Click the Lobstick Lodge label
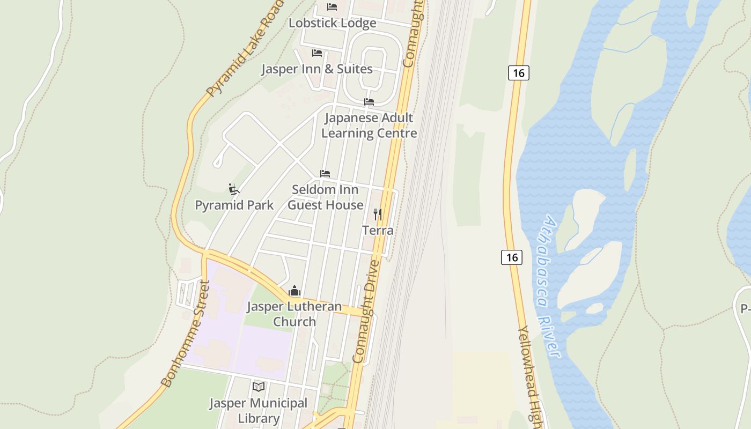(332, 23)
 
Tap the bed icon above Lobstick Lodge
(332, 7)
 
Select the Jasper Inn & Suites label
(316, 69)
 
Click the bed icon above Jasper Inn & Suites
(317, 53)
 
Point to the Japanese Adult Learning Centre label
(369, 125)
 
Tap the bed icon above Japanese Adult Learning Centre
(369, 101)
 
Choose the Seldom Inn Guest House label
(325, 197)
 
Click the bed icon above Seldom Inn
(325, 174)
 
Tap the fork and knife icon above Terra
(378, 214)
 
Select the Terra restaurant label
(378, 231)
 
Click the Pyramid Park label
(234, 205)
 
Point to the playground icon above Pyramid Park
(233, 189)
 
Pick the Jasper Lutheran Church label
(294, 314)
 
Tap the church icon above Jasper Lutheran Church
(294, 291)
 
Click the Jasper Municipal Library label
(259, 411)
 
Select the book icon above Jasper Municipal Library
(259, 387)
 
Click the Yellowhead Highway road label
(531, 375)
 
